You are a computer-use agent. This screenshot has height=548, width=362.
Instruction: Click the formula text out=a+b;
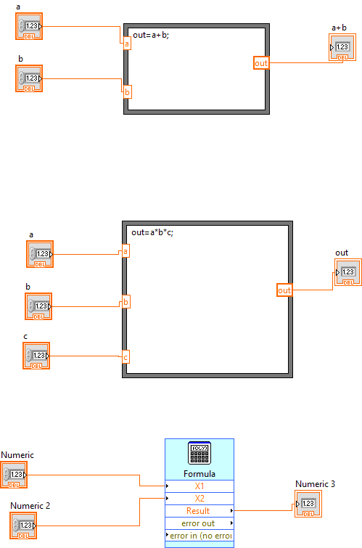(151, 35)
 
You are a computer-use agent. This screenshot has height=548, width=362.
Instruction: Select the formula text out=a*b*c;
(152, 232)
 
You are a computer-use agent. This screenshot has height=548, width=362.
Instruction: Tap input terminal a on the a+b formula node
(127, 44)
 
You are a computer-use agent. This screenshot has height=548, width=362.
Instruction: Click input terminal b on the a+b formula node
(128, 92)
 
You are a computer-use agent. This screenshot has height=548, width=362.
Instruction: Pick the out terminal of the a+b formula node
(261, 63)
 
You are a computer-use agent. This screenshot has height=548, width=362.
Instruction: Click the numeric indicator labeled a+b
(342, 47)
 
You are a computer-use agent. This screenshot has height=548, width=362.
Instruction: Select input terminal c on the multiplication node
(126, 357)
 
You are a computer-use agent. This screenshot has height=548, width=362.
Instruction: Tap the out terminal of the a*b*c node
(284, 290)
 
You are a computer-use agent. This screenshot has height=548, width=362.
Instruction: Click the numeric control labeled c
(36, 356)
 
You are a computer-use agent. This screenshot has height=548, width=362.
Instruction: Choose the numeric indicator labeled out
(348, 272)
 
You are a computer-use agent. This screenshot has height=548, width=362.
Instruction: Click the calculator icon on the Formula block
(199, 453)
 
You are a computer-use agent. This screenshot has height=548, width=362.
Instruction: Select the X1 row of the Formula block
(199, 486)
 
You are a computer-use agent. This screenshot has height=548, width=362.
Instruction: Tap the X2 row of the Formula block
(199, 499)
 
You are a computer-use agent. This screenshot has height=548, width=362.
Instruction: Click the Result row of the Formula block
(199, 511)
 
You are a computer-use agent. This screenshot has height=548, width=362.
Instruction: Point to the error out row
(199, 523)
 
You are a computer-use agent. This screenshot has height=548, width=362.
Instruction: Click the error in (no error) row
(199, 536)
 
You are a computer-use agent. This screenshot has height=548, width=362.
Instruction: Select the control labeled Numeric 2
(23, 525)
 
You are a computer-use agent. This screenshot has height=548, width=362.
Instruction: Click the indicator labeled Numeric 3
(308, 504)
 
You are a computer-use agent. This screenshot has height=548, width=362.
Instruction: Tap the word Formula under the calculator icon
(199, 474)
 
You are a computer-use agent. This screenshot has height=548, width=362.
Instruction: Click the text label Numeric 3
(315, 484)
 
